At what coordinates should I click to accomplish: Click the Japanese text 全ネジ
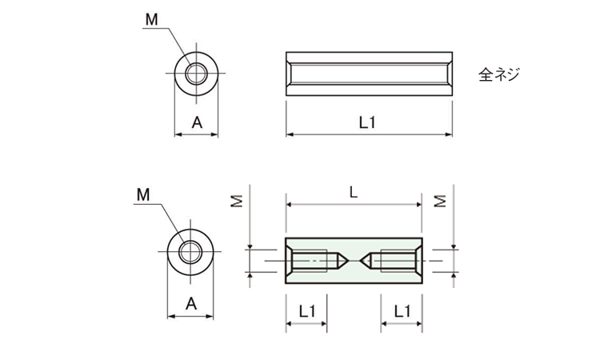pos(499,74)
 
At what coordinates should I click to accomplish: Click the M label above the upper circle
pos(151,19)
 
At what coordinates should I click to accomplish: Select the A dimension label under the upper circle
pos(197,123)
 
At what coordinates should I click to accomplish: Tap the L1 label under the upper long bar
pos(367,123)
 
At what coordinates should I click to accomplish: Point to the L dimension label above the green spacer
pos(354,193)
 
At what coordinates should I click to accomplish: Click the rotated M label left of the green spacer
pos(238,202)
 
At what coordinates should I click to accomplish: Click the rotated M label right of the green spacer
pos(441,202)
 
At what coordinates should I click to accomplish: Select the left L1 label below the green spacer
pos(307,311)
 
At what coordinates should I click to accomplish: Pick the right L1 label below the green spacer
pos(402,311)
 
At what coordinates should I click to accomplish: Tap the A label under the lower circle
pos(191,304)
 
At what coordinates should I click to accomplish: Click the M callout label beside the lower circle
pos(143,195)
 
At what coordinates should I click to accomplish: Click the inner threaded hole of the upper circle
pos(196,74)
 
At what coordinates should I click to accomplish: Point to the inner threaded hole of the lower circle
pos(190,252)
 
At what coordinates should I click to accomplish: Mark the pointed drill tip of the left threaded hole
pos(348,261)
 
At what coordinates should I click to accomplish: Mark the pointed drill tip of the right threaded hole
pos(360,261)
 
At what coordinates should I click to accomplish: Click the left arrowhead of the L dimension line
pos(290,205)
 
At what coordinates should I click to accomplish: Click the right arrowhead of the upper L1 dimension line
pos(449,134)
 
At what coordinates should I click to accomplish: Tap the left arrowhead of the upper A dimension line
pos(178,134)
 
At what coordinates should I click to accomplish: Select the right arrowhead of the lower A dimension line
pos(210,316)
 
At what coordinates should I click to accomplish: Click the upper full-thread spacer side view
pos(370,74)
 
